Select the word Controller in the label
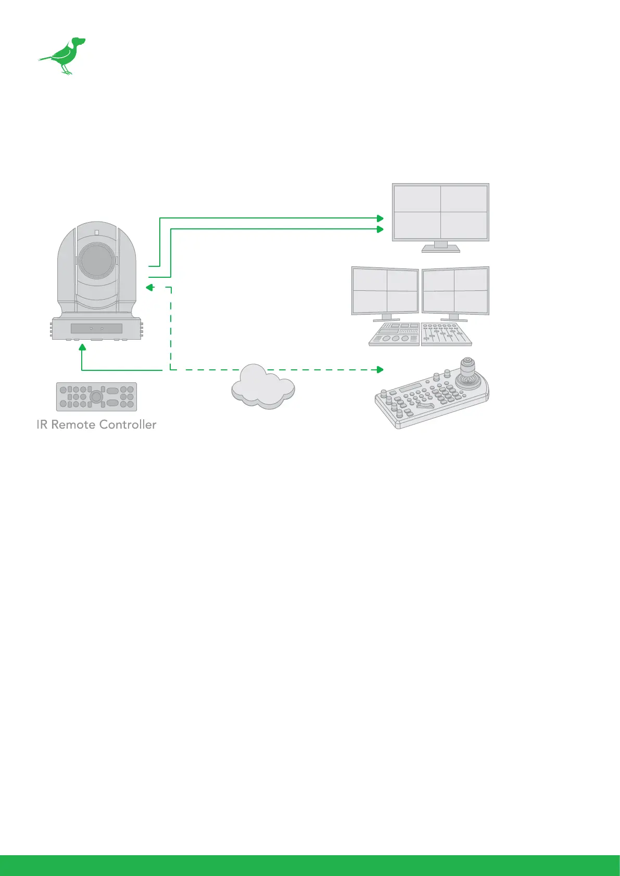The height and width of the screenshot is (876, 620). tap(128, 424)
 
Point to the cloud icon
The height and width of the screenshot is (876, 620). tap(263, 388)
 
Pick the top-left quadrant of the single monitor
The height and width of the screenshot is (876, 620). tap(417, 199)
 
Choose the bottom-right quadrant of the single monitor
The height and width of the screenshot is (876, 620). tap(464, 225)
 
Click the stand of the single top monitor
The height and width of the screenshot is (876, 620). tap(440, 247)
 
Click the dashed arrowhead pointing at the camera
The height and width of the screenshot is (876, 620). tap(149, 287)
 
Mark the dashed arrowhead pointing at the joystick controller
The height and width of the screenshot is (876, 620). tap(380, 369)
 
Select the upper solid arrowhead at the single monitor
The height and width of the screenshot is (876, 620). tap(380, 218)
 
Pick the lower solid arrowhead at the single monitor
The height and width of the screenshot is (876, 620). tap(380, 229)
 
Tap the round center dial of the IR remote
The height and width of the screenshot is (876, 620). tap(96, 396)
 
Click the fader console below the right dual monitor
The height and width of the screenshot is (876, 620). tap(446, 334)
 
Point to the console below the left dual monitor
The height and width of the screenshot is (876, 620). tap(394, 334)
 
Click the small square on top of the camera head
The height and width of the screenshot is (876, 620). tap(97, 233)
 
